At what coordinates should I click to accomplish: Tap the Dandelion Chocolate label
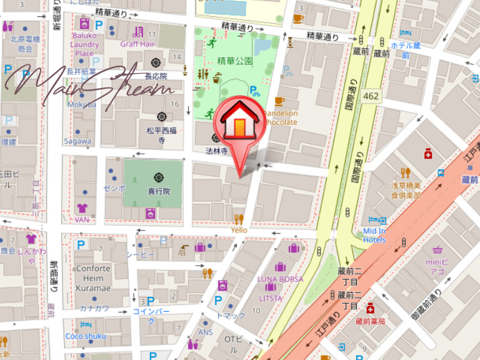point(279,117)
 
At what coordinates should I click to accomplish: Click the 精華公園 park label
point(235,61)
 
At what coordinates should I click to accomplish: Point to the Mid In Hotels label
point(374,235)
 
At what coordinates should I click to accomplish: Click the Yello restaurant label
point(239,230)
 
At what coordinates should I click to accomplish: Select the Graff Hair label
point(137,44)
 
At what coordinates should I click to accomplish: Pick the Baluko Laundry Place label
point(84,44)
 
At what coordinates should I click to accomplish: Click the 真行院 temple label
point(158,192)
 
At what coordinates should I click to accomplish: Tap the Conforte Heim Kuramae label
point(93,278)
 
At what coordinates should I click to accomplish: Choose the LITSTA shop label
point(270,298)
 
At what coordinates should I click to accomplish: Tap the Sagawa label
point(77,141)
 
